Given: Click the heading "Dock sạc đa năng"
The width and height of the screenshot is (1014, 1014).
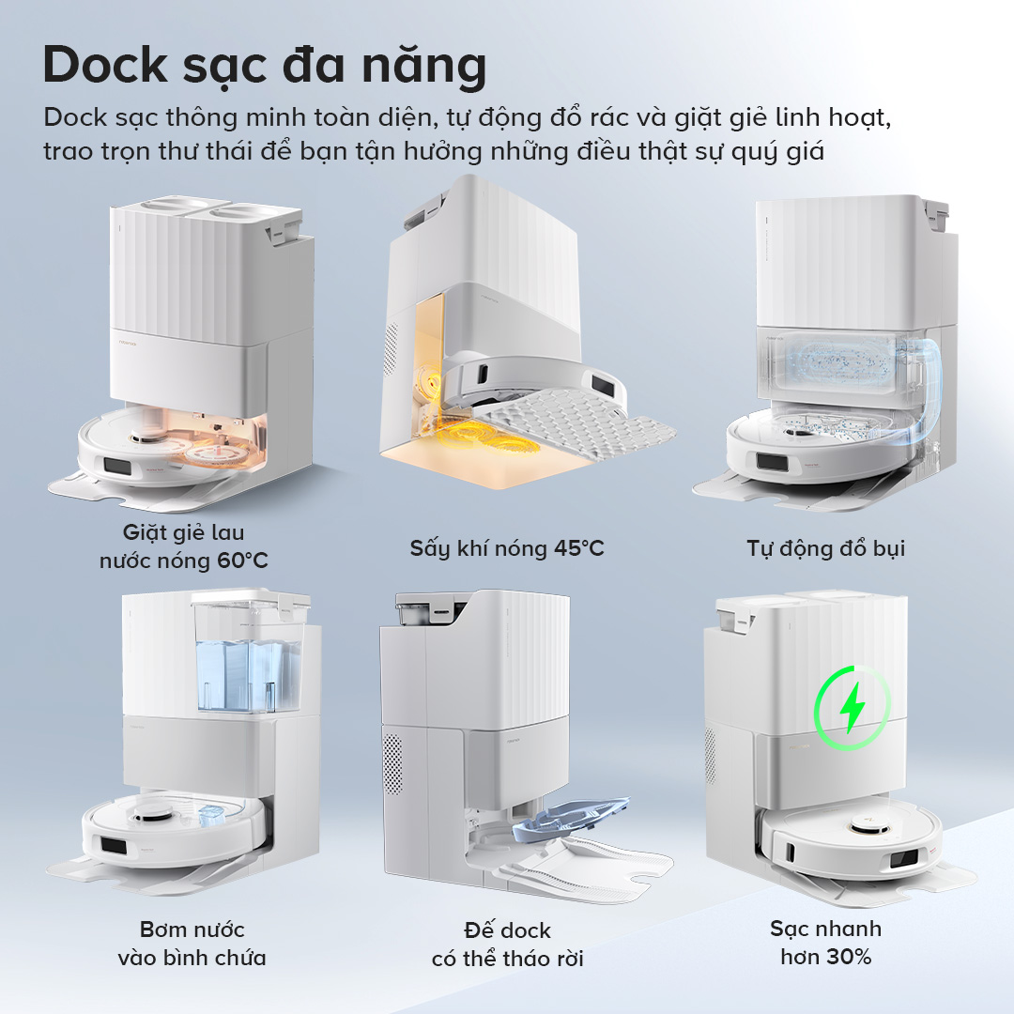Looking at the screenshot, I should tap(265, 66).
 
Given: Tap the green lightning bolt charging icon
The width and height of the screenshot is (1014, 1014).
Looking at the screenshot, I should tap(853, 707).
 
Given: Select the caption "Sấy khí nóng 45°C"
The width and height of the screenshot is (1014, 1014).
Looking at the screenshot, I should tap(507, 548).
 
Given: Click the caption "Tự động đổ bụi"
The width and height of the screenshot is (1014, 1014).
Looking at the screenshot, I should tap(826, 548).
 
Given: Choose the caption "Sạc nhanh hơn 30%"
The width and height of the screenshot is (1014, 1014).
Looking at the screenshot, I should tap(826, 943).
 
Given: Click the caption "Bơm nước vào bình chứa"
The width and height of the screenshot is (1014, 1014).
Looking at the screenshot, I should tap(192, 943).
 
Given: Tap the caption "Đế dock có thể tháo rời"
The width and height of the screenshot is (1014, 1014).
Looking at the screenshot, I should tap(507, 944).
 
